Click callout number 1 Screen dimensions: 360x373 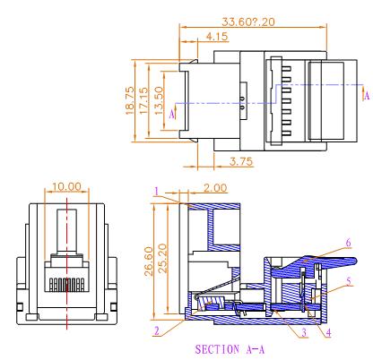click(155, 191)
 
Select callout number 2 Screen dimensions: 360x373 click(156, 330)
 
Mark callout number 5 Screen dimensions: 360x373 click(348, 279)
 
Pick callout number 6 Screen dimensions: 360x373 click(346, 243)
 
